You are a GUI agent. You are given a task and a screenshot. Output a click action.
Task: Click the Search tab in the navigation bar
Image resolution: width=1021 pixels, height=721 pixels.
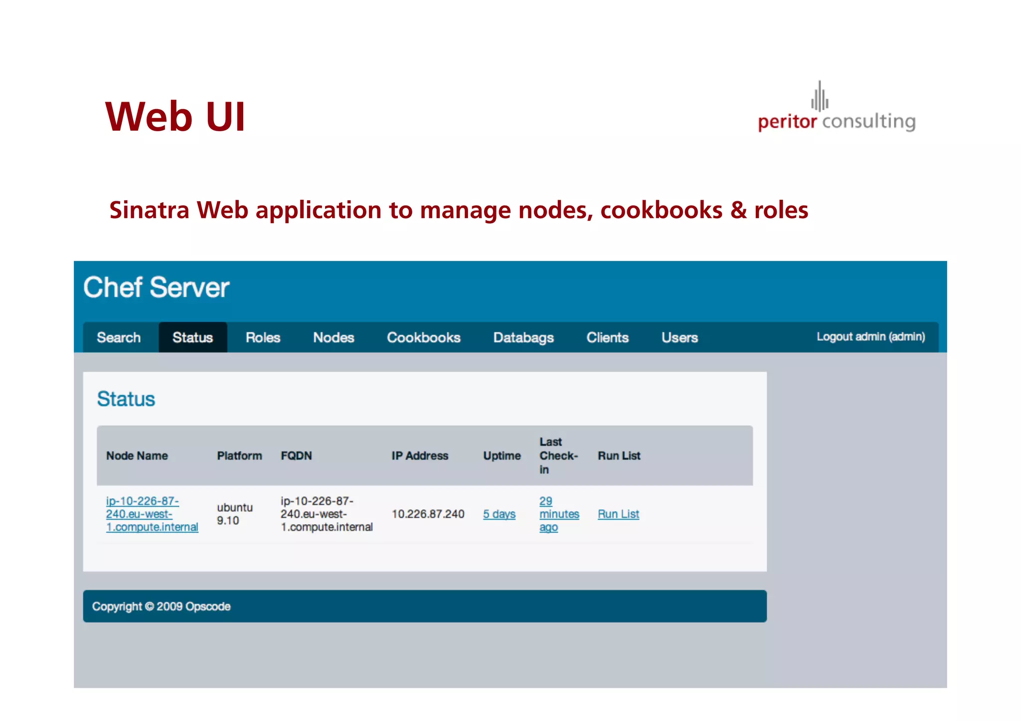[119, 338]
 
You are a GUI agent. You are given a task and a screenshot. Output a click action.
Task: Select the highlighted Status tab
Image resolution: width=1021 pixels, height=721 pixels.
[192, 338]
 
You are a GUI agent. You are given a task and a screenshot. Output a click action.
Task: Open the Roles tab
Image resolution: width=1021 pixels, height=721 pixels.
[263, 338]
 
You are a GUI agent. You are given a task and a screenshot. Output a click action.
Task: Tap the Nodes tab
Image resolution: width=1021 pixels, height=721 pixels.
[334, 338]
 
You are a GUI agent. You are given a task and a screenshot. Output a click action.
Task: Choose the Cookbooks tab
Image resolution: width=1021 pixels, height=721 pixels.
[423, 338]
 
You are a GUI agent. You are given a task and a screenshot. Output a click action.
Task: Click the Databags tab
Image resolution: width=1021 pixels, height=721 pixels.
[523, 338]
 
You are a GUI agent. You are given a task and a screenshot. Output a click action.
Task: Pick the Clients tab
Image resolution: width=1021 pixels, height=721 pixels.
[607, 338]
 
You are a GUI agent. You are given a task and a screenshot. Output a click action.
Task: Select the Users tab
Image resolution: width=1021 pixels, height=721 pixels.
[680, 338]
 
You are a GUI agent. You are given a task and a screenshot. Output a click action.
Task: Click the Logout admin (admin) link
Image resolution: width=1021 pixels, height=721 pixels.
[870, 337]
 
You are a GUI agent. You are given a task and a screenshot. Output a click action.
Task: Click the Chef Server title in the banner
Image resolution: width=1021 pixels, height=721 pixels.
[156, 288]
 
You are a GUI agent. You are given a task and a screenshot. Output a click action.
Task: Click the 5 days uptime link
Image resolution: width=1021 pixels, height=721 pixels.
[499, 514]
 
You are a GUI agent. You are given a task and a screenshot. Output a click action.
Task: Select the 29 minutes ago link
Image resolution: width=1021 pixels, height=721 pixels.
[558, 514]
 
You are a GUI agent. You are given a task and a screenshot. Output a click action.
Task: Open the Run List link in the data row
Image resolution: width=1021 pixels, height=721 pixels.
[618, 514]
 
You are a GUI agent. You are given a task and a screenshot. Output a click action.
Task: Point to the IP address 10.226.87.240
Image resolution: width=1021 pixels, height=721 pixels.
[428, 514]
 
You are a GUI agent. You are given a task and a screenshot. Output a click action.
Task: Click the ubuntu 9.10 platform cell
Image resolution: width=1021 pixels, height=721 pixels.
[234, 514]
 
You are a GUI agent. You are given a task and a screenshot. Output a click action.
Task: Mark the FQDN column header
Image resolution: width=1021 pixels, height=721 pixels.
[296, 456]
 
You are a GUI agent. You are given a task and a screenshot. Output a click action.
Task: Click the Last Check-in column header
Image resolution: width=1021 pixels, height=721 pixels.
[558, 456]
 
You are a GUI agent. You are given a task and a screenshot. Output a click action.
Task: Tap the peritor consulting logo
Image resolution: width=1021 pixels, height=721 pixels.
[837, 110]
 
